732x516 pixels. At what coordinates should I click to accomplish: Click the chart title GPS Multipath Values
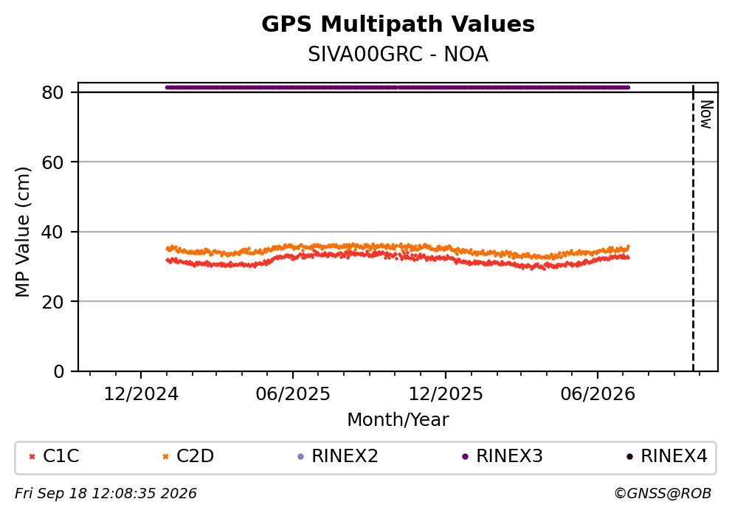tap(398, 24)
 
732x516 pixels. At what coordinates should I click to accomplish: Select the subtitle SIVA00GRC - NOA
tap(398, 55)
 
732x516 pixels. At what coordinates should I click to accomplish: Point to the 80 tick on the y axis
tap(52, 92)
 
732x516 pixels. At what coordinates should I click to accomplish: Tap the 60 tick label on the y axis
tap(52, 162)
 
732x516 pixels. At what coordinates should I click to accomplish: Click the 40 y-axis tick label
tap(52, 232)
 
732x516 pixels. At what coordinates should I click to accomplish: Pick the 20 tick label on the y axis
tap(52, 302)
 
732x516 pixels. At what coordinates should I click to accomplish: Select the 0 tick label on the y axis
tap(58, 372)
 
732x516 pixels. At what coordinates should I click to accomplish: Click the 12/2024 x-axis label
tap(140, 395)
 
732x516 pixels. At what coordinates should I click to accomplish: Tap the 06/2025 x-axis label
tap(293, 395)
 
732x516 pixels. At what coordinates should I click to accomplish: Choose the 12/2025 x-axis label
tap(446, 395)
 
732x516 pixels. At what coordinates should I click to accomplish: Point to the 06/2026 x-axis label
tap(598, 395)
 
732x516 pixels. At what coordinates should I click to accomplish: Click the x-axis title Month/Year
tap(398, 420)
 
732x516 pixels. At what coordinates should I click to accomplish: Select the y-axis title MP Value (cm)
tap(22, 232)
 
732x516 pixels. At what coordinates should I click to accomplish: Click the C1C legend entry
tap(54, 456)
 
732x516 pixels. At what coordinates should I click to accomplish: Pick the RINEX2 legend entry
tap(337, 456)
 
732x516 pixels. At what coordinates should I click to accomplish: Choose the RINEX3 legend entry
tap(503, 456)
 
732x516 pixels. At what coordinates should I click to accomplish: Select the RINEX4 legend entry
tap(667, 456)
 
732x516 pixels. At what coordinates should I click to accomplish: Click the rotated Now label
tap(707, 114)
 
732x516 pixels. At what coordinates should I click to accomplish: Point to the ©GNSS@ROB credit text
tap(663, 494)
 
